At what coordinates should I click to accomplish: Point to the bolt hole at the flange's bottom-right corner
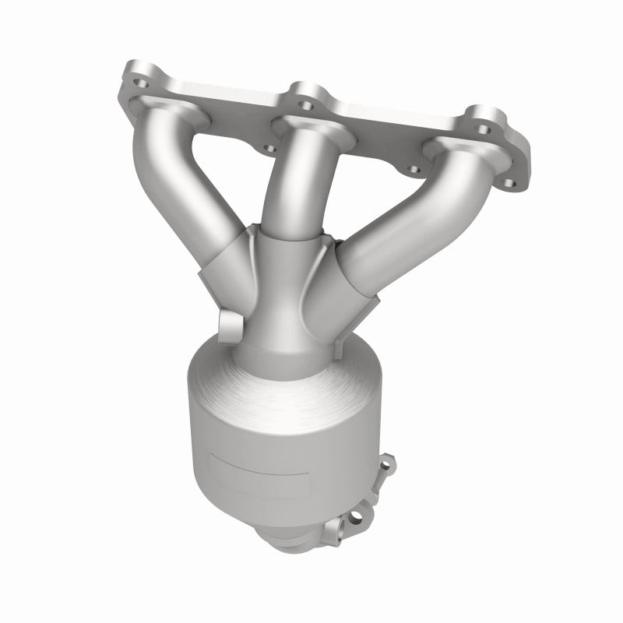tap(509, 184)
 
